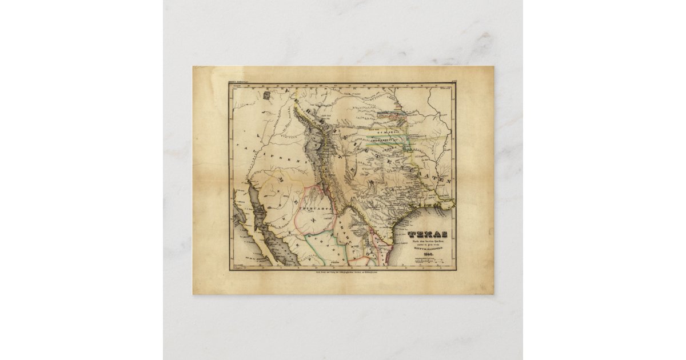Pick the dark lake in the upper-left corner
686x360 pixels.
[x=268, y=98]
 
